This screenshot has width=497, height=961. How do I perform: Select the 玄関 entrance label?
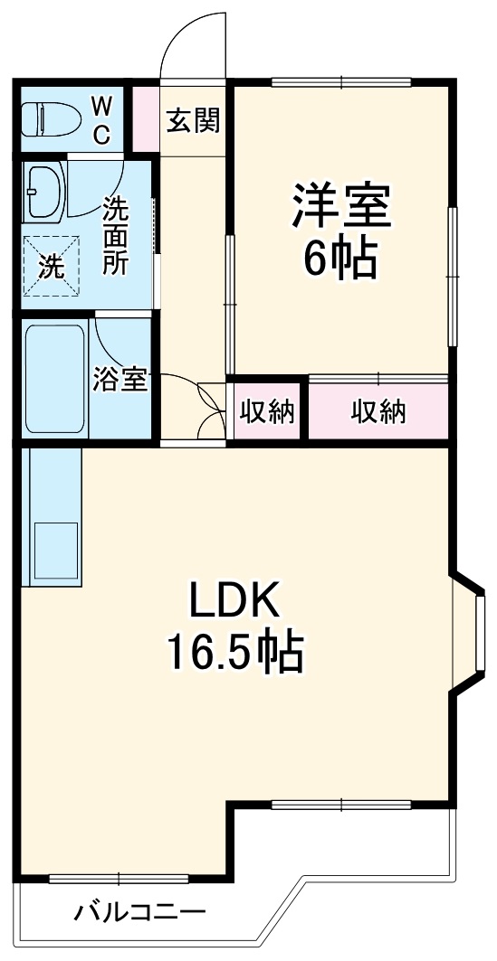[x=193, y=118]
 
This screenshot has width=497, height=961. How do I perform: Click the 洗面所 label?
[x=115, y=236]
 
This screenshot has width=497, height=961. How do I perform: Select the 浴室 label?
[x=119, y=380]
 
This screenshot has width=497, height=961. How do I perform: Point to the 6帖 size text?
[x=340, y=259]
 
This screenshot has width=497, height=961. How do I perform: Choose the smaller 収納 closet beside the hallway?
[x=267, y=411]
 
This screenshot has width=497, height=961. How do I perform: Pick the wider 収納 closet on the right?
[x=379, y=411]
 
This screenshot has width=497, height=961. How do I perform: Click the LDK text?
[x=235, y=600]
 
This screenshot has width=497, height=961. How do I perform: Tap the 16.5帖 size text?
[x=235, y=651]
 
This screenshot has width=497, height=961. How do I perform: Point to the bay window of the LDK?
[x=473, y=632]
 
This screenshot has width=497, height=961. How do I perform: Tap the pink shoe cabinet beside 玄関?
[x=146, y=118]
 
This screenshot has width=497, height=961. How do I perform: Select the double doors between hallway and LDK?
[x=210, y=411]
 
